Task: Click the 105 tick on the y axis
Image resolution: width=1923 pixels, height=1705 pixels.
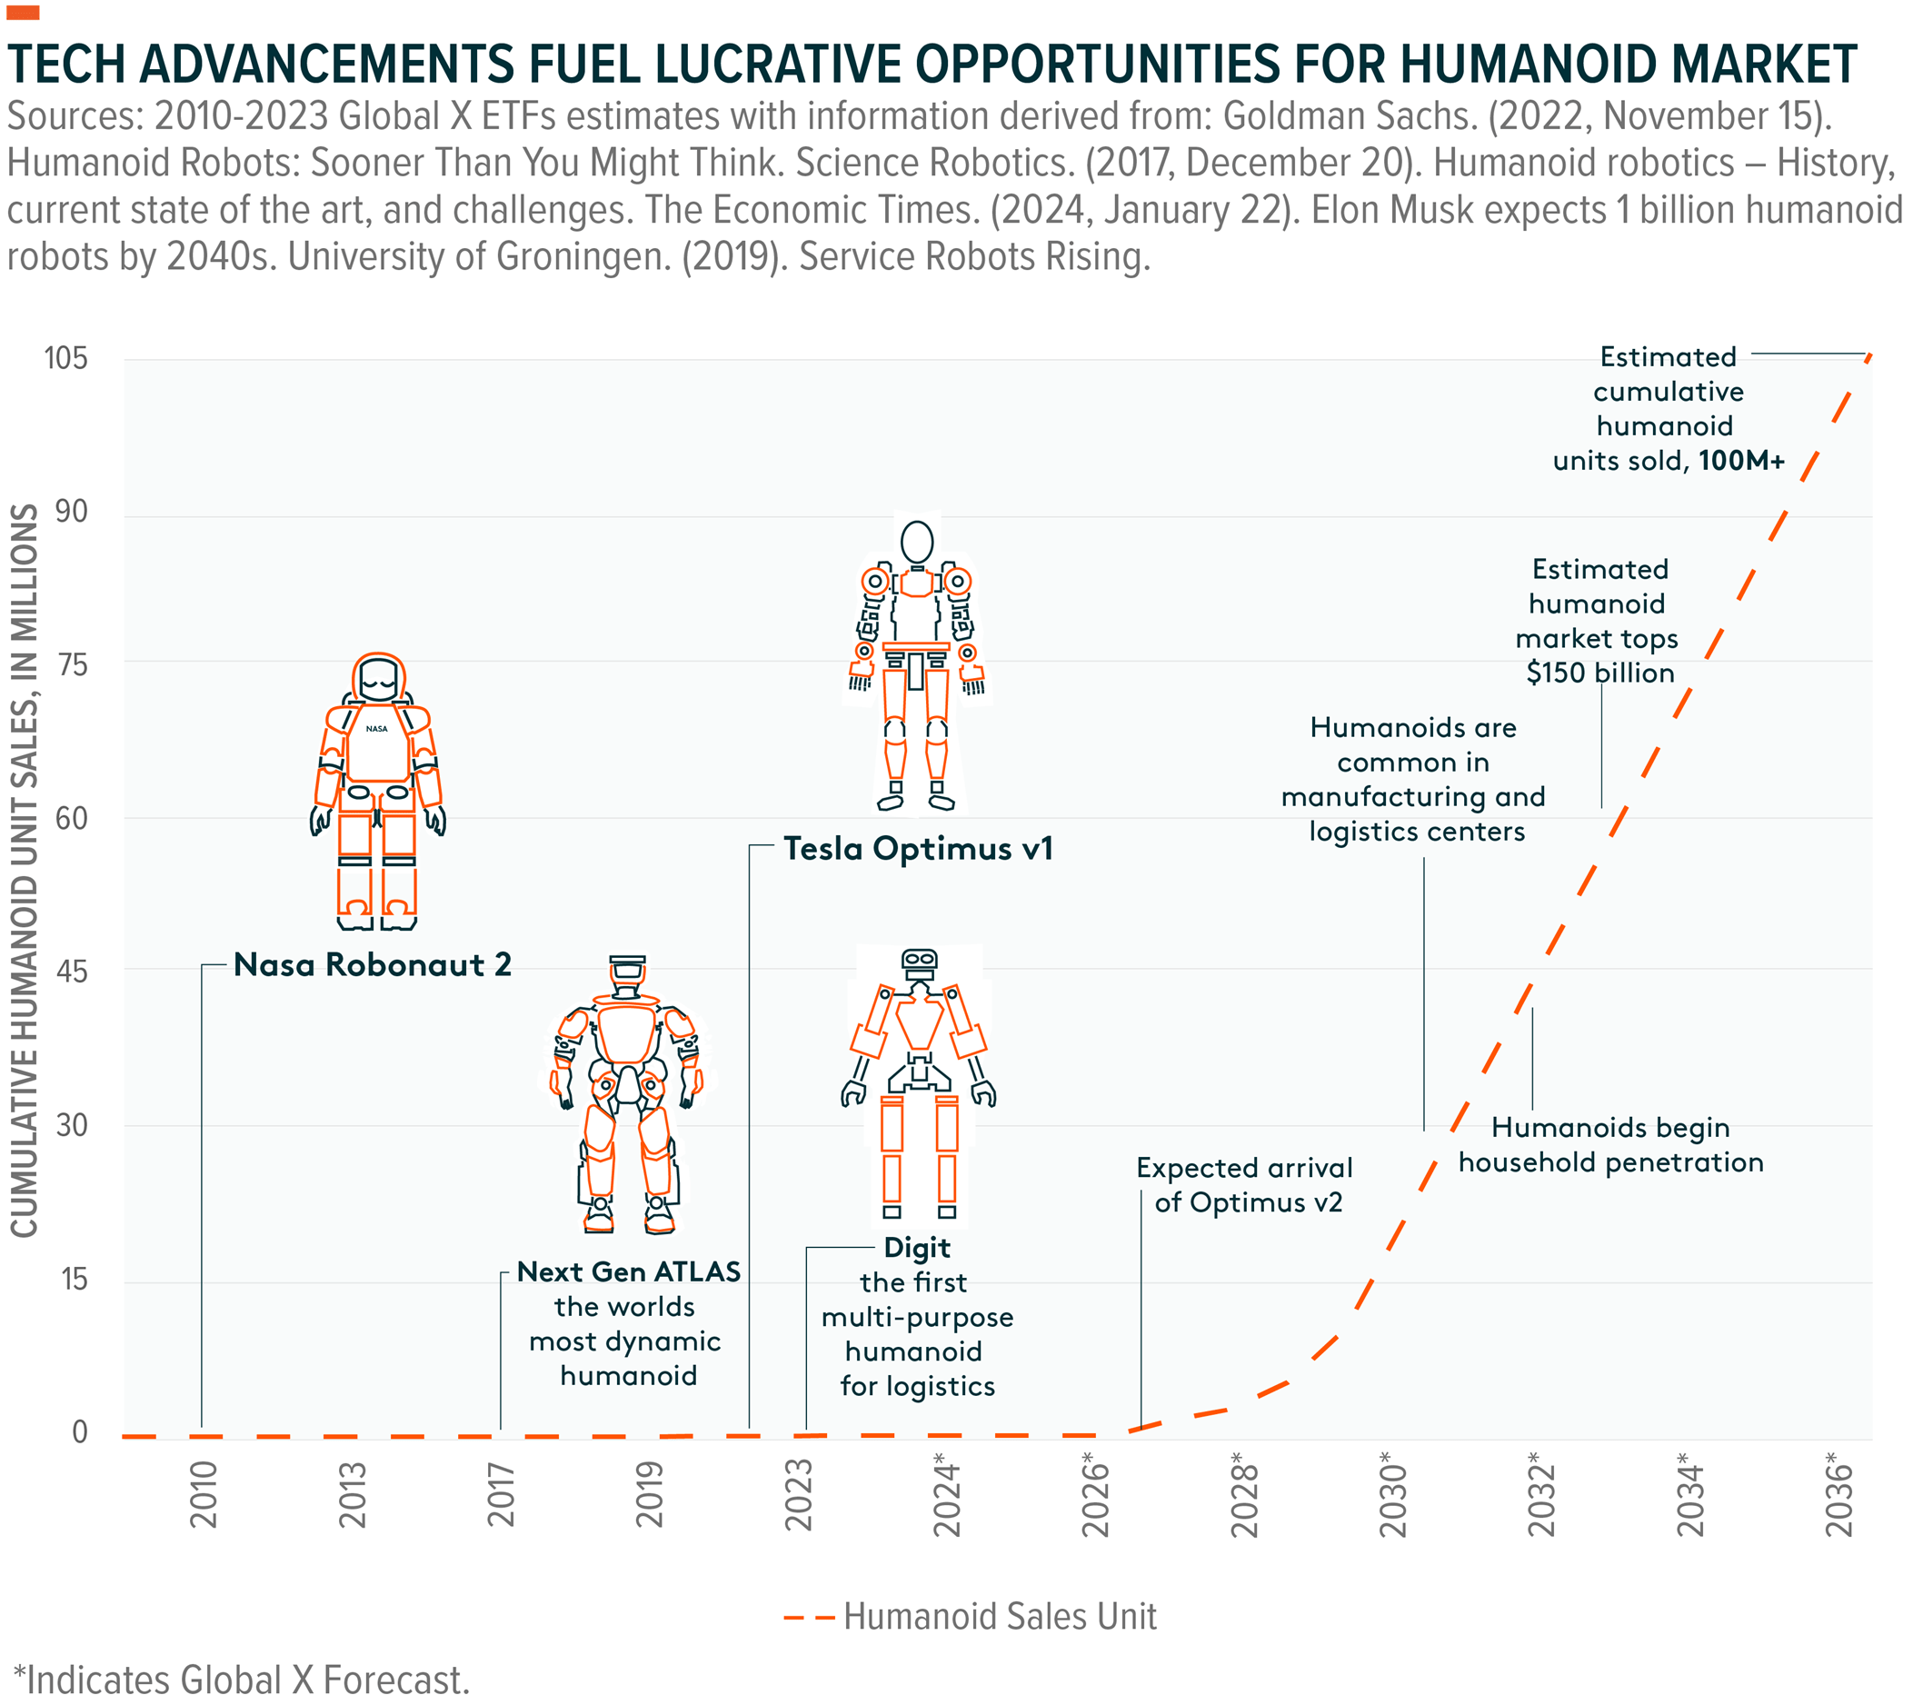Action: pyautogui.click(x=65, y=358)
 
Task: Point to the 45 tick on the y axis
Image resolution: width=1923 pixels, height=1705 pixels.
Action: pyautogui.click(x=72, y=971)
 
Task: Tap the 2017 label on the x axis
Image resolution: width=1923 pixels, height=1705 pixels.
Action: pyautogui.click(x=502, y=1494)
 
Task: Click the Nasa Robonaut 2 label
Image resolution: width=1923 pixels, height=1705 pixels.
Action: pyautogui.click(x=373, y=964)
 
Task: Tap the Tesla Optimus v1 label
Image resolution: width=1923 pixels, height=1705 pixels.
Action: pyautogui.click(x=918, y=848)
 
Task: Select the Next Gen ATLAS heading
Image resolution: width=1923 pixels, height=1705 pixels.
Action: pyautogui.click(x=629, y=1272)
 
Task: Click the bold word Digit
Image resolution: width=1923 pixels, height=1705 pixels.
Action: pyautogui.click(x=917, y=1248)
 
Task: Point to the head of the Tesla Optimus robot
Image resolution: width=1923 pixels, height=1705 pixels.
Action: pyautogui.click(x=916, y=541)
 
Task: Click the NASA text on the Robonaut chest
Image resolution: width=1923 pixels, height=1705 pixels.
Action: pyautogui.click(x=376, y=728)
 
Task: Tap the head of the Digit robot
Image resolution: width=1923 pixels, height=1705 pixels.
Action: pyautogui.click(x=918, y=962)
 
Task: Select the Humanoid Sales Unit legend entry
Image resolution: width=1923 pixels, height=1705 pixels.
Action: pyautogui.click(x=999, y=1617)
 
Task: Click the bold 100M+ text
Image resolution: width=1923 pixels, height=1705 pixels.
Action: pyautogui.click(x=1741, y=460)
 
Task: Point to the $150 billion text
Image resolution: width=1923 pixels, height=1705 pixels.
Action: pyautogui.click(x=1600, y=673)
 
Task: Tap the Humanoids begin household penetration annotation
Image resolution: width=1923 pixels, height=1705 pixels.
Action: pyautogui.click(x=1610, y=1144)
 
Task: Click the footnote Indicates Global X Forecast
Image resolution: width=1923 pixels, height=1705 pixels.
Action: pyautogui.click(x=242, y=1680)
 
